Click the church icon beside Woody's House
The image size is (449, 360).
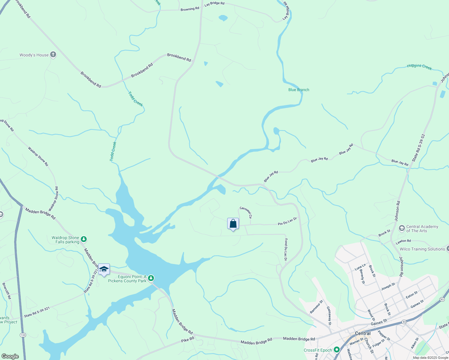tap(53, 55)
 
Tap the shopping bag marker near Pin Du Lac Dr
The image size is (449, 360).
tap(233, 224)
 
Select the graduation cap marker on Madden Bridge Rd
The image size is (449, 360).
tap(104, 269)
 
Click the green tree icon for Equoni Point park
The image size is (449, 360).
tap(151, 278)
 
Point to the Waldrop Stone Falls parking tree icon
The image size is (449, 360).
tap(84, 239)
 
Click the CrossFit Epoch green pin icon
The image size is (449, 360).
tap(337, 349)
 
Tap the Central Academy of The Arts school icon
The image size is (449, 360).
tap(402, 229)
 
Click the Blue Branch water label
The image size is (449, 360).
tap(299, 90)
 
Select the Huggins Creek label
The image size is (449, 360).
tap(419, 67)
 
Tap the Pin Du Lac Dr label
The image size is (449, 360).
tap(287, 221)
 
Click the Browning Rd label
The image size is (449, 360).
tap(190, 9)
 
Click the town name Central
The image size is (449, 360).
tap(363, 333)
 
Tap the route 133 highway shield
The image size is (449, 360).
tap(23, 335)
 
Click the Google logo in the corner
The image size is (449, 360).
tap(10, 356)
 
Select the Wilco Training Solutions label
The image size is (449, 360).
tap(422, 249)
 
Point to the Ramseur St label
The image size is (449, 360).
tap(316, 307)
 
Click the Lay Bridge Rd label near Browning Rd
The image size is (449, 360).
tap(214, 4)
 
